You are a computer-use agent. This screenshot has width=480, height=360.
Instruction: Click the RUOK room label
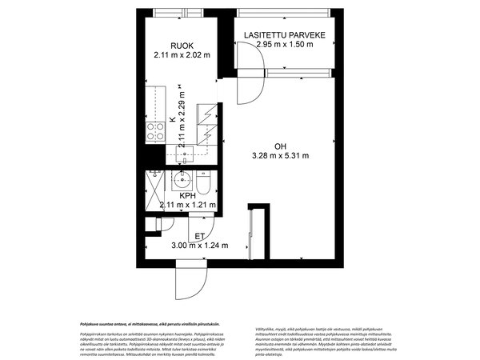click(182, 45)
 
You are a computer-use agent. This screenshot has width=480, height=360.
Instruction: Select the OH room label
click(280, 146)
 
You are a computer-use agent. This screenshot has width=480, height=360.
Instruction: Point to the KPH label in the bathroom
click(188, 194)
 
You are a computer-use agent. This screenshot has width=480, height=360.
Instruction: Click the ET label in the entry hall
click(199, 235)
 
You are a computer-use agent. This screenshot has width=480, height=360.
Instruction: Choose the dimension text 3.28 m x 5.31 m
click(280, 156)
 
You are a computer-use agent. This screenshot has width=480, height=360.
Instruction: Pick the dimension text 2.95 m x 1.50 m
click(284, 45)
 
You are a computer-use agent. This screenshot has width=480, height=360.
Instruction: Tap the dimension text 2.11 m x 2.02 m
click(182, 55)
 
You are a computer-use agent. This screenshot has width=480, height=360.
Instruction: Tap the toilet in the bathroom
click(204, 185)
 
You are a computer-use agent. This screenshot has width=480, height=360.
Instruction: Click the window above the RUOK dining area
click(182, 14)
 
